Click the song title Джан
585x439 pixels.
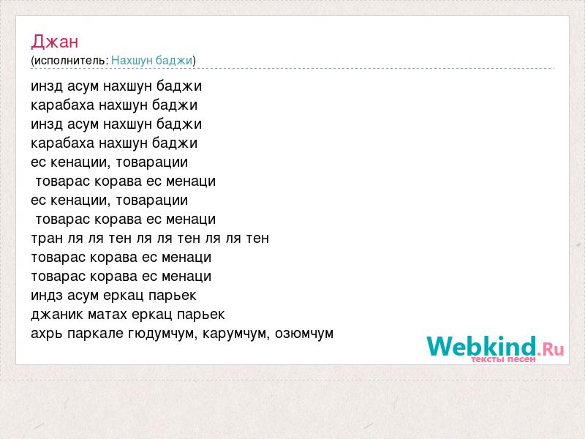click(54, 41)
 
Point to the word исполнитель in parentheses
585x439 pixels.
click(71, 61)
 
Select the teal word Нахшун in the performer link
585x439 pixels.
click(132, 60)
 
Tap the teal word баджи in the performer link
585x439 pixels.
click(173, 60)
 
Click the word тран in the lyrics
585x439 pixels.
click(47, 239)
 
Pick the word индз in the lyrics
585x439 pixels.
click(47, 296)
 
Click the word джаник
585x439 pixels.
click(57, 315)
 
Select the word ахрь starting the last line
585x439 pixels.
click(47, 334)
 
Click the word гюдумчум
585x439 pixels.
click(162, 334)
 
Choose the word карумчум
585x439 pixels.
click(236, 334)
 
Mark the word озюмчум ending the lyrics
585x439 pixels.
click(304, 334)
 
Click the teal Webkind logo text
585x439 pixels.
click(482, 345)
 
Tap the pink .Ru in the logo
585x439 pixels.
click(551, 349)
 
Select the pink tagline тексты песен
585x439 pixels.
click(503, 359)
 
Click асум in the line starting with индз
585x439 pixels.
click(83, 296)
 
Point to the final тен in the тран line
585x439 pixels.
click(257, 239)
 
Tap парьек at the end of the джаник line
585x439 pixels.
click(200, 315)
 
